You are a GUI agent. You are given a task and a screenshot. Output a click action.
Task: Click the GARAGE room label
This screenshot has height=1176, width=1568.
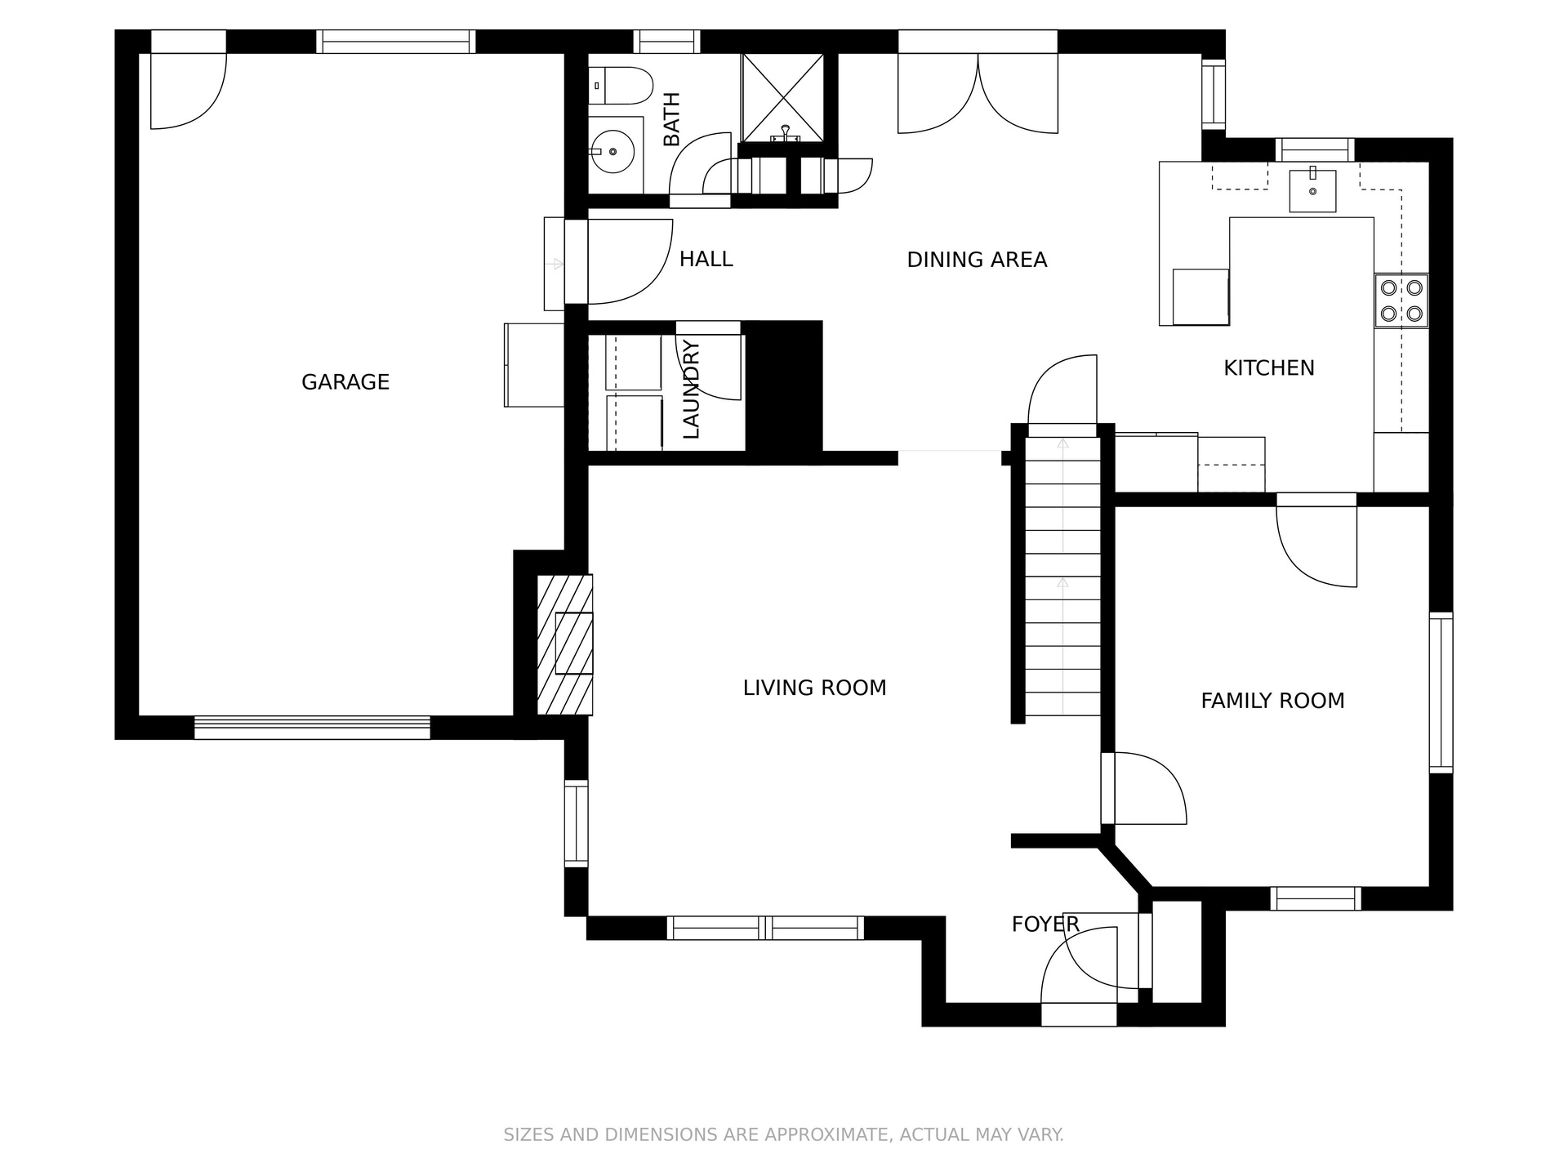[345, 382]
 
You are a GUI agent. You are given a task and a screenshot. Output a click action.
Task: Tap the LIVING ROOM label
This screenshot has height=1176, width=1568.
[814, 688]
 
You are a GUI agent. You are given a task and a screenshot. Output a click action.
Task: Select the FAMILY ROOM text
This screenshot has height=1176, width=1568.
[1272, 701]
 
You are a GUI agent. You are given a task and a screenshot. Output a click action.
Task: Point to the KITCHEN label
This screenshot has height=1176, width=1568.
[1269, 368]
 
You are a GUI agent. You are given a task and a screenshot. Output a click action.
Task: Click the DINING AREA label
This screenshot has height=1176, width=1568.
[977, 260]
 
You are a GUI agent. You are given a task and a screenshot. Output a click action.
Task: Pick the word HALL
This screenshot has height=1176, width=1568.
[706, 259]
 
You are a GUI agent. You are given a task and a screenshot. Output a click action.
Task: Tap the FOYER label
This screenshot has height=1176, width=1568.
[1045, 924]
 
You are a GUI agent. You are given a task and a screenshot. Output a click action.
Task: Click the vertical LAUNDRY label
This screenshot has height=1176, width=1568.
[691, 390]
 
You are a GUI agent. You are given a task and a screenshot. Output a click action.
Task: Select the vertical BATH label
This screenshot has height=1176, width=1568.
[671, 119]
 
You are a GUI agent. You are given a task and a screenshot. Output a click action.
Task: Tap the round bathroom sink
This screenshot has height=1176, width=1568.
[612, 151]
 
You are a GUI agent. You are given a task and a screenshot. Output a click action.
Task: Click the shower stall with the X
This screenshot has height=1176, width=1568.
[782, 98]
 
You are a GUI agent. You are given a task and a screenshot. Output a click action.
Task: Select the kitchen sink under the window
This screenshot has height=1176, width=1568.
[1312, 191]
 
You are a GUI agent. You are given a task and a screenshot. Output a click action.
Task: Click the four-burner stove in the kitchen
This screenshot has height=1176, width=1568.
[1401, 301]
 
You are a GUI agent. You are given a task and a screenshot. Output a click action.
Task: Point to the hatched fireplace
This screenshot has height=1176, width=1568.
[564, 644]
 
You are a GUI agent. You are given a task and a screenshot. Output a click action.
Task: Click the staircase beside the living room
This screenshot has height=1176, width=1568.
[1062, 577]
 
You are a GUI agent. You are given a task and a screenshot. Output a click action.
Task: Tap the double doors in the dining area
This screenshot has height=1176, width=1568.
[978, 93]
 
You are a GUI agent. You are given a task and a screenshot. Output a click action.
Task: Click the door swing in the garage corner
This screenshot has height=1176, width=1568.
[189, 91]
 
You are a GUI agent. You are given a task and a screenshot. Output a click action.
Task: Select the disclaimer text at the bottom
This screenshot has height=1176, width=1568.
[783, 1134]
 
